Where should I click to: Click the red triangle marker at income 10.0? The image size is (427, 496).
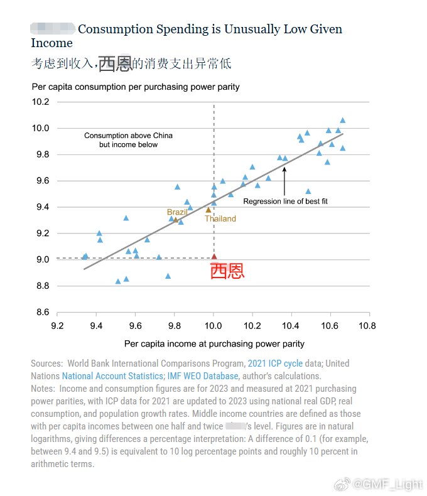pos(213,256)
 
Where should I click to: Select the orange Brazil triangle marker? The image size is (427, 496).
pos(176,219)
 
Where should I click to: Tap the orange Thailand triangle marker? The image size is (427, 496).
pos(208,210)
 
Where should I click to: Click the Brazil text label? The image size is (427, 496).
pos(177,212)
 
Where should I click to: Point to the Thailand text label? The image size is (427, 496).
pos(220,218)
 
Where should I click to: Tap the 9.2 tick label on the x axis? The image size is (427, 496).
pos(57,326)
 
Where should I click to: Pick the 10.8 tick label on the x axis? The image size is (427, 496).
pos(367,326)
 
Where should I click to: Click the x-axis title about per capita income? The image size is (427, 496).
pos(214,343)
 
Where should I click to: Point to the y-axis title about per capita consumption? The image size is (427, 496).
pos(136,87)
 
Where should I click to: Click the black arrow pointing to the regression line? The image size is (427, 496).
pos(284,180)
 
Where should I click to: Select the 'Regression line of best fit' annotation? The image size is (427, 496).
pos(285,202)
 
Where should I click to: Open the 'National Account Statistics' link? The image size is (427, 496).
pos(112,376)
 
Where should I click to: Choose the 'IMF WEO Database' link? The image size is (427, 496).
pos(203,376)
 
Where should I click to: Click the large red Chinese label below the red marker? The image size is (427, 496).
pos(227,271)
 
